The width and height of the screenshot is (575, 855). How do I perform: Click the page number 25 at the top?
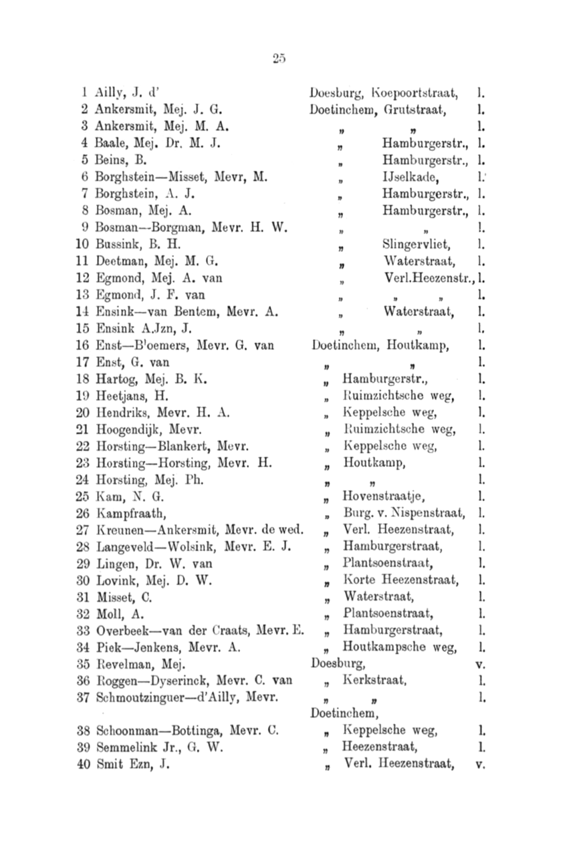click(x=279, y=58)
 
